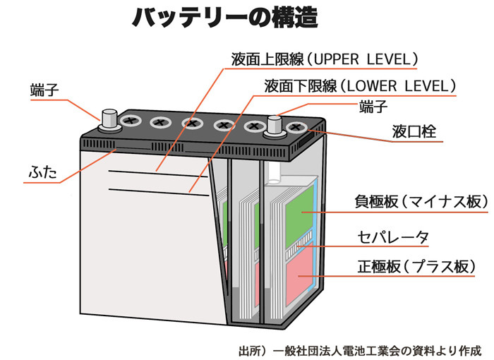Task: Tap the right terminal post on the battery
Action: click(x=274, y=126)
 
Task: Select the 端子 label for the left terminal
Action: click(x=44, y=90)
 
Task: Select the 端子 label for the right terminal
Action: click(x=373, y=107)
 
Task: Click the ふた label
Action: click(x=42, y=172)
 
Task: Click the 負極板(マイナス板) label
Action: click(x=421, y=201)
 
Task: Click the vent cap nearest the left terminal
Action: click(x=129, y=121)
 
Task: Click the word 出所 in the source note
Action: click(x=251, y=349)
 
